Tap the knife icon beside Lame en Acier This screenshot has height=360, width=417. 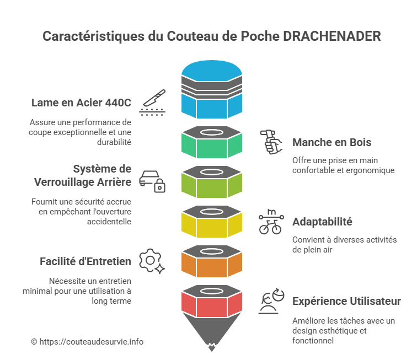pos(153,101)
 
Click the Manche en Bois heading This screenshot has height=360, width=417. pos(332,142)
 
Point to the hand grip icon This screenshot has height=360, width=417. pos(271,142)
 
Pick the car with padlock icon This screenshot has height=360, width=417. pos(153,180)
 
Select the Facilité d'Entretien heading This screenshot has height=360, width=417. pos(85,261)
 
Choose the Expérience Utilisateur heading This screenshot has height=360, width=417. pos(346,301)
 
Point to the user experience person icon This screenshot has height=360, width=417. pos(271,301)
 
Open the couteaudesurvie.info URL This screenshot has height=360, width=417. pos(91,342)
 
